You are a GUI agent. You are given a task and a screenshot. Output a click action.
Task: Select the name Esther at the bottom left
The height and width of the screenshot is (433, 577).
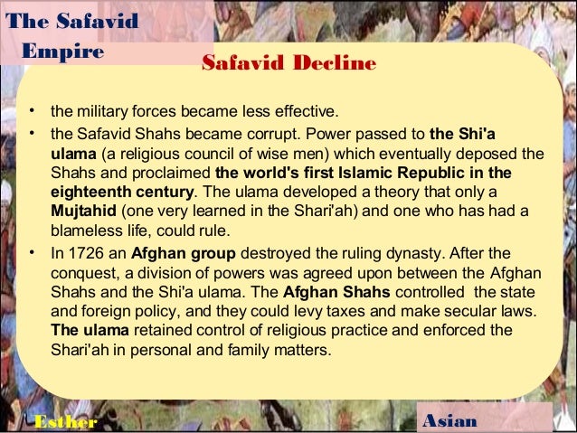(63, 422)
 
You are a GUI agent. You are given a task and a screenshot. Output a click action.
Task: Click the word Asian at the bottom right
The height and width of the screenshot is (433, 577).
(451, 421)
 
